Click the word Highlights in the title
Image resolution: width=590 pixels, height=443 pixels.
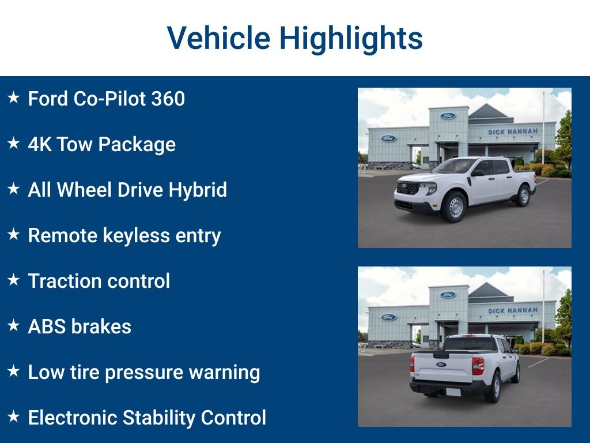[x=351, y=39]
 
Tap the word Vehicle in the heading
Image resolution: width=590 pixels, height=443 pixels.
[x=218, y=37]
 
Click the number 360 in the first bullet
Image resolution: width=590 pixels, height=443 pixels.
[x=168, y=99]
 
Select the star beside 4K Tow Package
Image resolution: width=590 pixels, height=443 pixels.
[x=14, y=143]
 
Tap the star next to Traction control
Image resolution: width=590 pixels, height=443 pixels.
[x=14, y=280]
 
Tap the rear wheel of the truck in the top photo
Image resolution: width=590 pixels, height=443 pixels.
[x=523, y=196]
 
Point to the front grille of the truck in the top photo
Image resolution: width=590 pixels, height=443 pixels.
[x=407, y=187]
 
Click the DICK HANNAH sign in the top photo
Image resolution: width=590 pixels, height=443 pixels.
[x=513, y=132]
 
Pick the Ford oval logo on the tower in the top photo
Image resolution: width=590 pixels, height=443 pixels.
[x=448, y=115]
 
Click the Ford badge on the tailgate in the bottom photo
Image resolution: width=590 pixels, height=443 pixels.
[x=441, y=365]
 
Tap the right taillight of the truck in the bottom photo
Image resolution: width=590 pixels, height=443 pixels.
[x=478, y=366]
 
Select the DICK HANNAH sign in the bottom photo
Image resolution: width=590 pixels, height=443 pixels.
[x=513, y=310]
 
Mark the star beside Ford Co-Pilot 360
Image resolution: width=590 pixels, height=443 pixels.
[x=14, y=97]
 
